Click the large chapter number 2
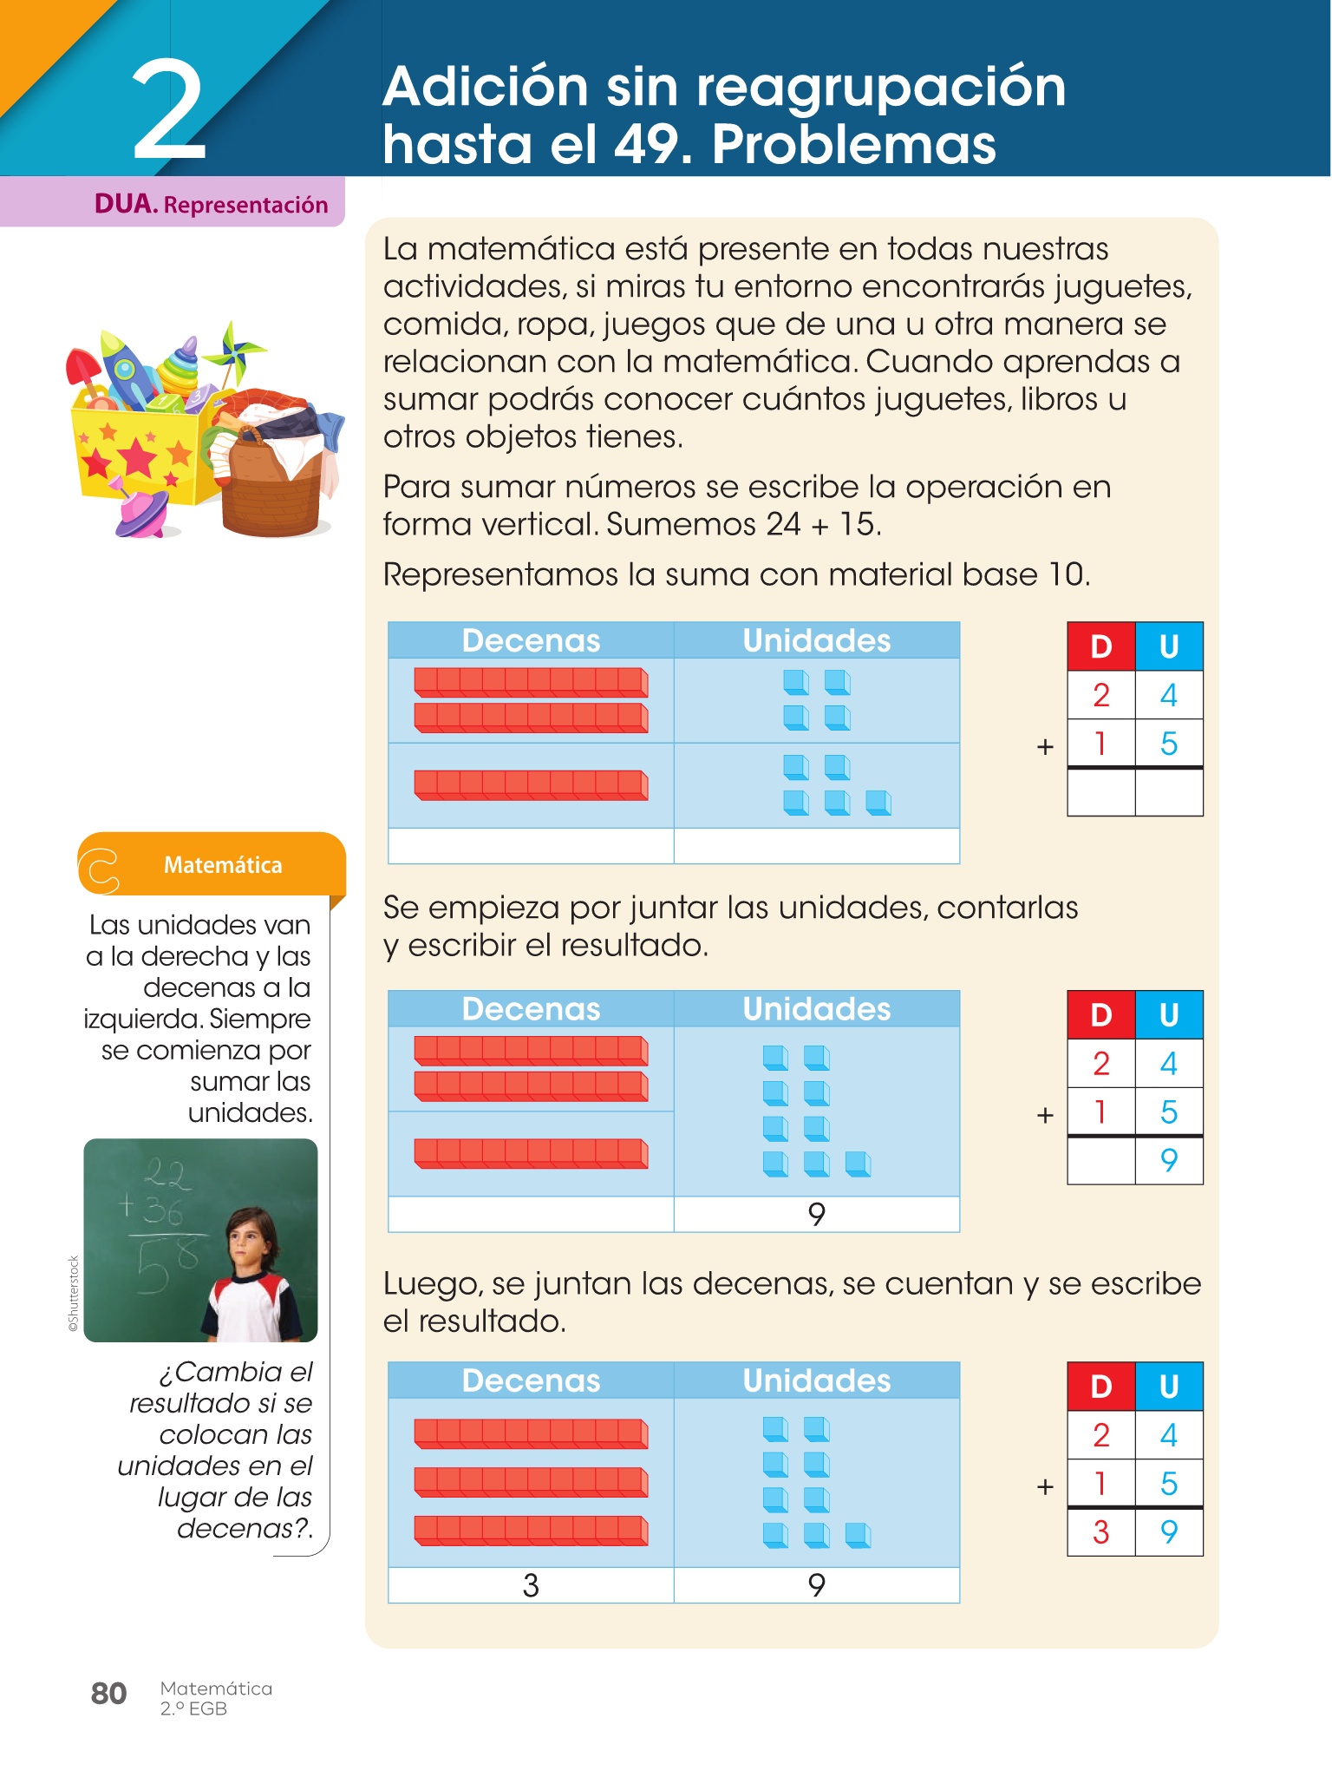pos(169,111)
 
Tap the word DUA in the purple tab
pos(125,204)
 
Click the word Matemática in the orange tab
pos(223,865)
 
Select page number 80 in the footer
pos(108,1693)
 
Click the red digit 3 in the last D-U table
pos(1100,1532)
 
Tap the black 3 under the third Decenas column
pos(531,1585)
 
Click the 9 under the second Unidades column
pos(816,1214)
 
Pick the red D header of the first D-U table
pos(1100,646)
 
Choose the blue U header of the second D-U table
pos(1169,1015)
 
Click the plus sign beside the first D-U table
pos(1045,746)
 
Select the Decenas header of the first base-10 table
pos(531,640)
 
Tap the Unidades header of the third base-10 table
pos(816,1380)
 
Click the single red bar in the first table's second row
pos(531,784)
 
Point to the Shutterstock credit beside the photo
pos(74,1293)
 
